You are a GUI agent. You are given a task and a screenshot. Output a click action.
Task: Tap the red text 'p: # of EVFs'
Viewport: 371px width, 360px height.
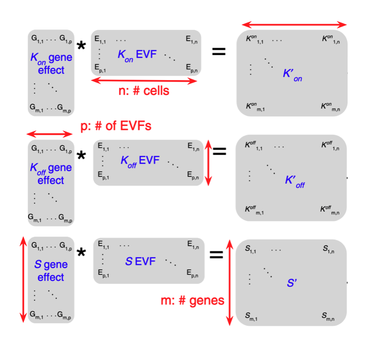[116, 126]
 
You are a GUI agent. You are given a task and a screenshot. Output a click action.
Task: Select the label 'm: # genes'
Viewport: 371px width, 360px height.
[192, 301]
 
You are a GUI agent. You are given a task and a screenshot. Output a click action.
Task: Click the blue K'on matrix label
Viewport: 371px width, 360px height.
[292, 75]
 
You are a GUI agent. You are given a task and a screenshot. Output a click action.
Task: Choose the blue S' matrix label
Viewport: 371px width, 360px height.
[292, 283]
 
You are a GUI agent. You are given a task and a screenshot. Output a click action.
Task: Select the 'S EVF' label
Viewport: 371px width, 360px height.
[140, 261]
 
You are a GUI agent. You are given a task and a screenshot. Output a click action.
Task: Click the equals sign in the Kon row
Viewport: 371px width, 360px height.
[219, 51]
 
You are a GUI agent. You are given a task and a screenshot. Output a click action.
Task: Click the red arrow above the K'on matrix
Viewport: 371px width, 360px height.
[294, 24]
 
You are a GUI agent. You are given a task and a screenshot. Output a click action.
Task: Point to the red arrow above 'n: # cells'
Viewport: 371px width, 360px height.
[144, 81]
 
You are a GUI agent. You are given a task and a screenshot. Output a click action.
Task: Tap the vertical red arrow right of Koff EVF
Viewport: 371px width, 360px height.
[209, 162]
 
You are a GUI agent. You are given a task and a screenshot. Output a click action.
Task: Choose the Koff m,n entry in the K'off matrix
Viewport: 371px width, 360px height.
[331, 210]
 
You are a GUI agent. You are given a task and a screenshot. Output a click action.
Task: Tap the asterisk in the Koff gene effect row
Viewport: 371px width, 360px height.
[82, 156]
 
